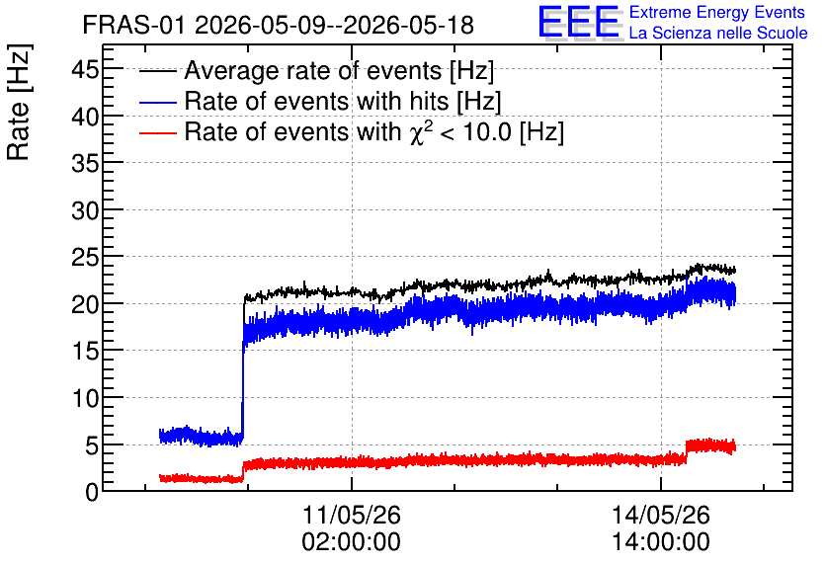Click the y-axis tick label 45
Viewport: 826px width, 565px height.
tap(85, 69)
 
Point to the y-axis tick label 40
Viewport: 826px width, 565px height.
tap(85, 117)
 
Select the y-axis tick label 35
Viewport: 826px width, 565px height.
tap(85, 163)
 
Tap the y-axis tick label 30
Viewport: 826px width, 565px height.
tap(85, 210)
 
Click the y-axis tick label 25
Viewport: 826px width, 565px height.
tap(85, 258)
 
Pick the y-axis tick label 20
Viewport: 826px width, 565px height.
tap(85, 304)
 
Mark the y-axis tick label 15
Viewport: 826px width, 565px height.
tap(85, 352)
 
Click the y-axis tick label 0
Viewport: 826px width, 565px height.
tap(92, 493)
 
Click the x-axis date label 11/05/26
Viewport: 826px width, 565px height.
tap(352, 515)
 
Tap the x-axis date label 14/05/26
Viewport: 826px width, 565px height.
tap(661, 515)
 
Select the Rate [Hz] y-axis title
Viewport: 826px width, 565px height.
tap(19, 102)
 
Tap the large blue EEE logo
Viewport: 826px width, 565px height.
tap(579, 22)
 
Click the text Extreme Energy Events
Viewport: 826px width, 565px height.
tap(717, 12)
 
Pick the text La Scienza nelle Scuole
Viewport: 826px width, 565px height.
tap(718, 33)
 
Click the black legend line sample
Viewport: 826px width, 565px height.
tap(158, 71)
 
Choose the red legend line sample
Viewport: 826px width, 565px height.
tap(158, 132)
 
